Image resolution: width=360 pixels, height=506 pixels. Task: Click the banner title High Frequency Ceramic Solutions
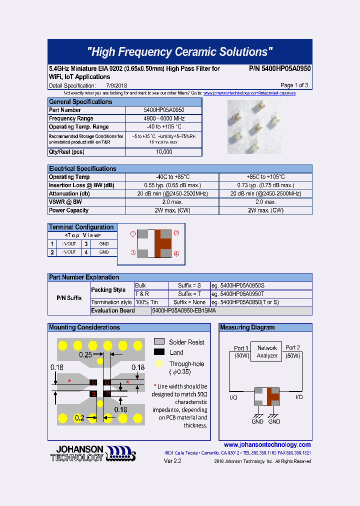click(179, 52)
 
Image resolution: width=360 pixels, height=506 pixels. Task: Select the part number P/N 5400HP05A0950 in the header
click(279, 68)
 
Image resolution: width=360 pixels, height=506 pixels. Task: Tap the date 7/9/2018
click(116, 85)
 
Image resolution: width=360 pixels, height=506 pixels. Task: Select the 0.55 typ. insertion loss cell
click(172, 185)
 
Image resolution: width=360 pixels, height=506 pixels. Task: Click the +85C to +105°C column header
click(265, 177)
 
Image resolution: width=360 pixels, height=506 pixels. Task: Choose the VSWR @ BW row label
click(65, 202)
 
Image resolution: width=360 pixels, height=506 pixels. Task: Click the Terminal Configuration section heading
click(81, 227)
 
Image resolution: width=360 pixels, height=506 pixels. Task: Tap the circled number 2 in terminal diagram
click(176, 233)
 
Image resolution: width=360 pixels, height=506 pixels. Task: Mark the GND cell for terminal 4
click(103, 252)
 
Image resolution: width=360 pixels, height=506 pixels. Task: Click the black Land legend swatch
click(159, 352)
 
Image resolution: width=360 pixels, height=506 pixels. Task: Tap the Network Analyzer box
click(267, 351)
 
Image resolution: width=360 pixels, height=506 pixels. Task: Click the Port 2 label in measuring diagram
click(292, 348)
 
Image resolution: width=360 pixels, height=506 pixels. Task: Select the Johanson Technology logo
click(93, 453)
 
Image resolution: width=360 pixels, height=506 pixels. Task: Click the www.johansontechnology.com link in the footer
click(267, 444)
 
